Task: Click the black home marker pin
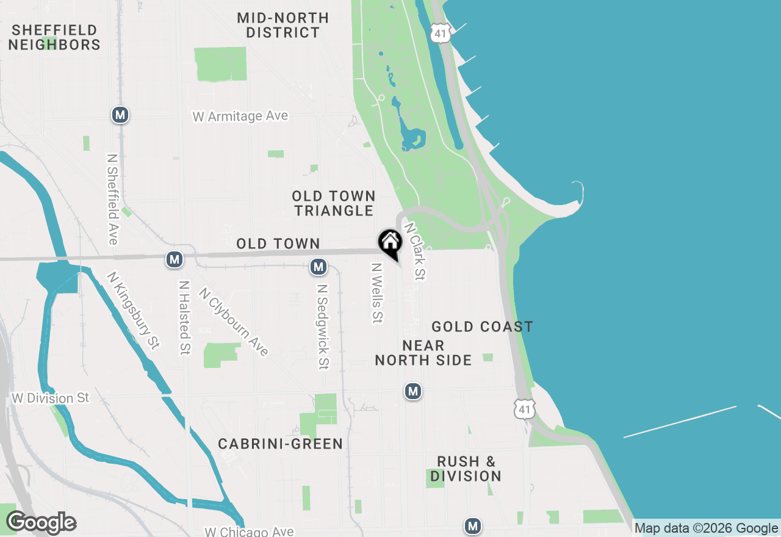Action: point(390,242)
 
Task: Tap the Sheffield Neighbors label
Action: point(54,37)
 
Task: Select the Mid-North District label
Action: point(283,25)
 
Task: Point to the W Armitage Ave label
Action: point(240,116)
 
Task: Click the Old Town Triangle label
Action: point(333,203)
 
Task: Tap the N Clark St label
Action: point(414,251)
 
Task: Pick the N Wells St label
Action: point(377,292)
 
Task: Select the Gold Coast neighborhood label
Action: point(482,326)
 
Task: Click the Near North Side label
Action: point(423,353)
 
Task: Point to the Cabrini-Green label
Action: point(281,444)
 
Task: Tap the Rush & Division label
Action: point(466,469)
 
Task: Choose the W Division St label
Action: point(51,398)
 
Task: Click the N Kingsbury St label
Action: point(133,311)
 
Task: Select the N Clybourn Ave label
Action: point(233,322)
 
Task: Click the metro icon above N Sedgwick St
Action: point(318,267)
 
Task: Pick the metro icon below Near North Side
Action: point(413,391)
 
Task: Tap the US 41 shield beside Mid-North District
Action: point(440,33)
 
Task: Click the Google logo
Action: point(41,523)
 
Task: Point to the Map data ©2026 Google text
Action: point(706,528)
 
